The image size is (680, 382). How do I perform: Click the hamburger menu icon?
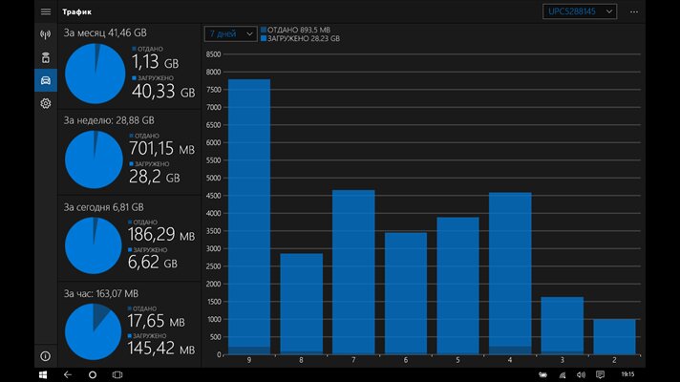click(45, 11)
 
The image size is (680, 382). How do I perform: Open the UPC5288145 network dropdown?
click(581, 11)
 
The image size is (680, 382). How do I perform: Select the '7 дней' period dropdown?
click(230, 33)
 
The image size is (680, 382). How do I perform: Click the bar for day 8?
click(301, 304)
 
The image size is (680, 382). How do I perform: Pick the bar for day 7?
click(353, 272)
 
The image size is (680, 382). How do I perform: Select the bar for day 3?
click(562, 326)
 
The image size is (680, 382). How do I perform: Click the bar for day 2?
click(614, 336)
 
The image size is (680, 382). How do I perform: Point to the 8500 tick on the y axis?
click(214, 54)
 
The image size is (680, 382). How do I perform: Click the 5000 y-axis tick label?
click(214, 178)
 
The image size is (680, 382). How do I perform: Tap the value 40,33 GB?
click(162, 93)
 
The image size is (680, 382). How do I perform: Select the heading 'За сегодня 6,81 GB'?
click(104, 206)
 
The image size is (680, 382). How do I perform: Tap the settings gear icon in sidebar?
click(45, 103)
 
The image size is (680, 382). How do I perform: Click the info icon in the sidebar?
click(45, 356)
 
